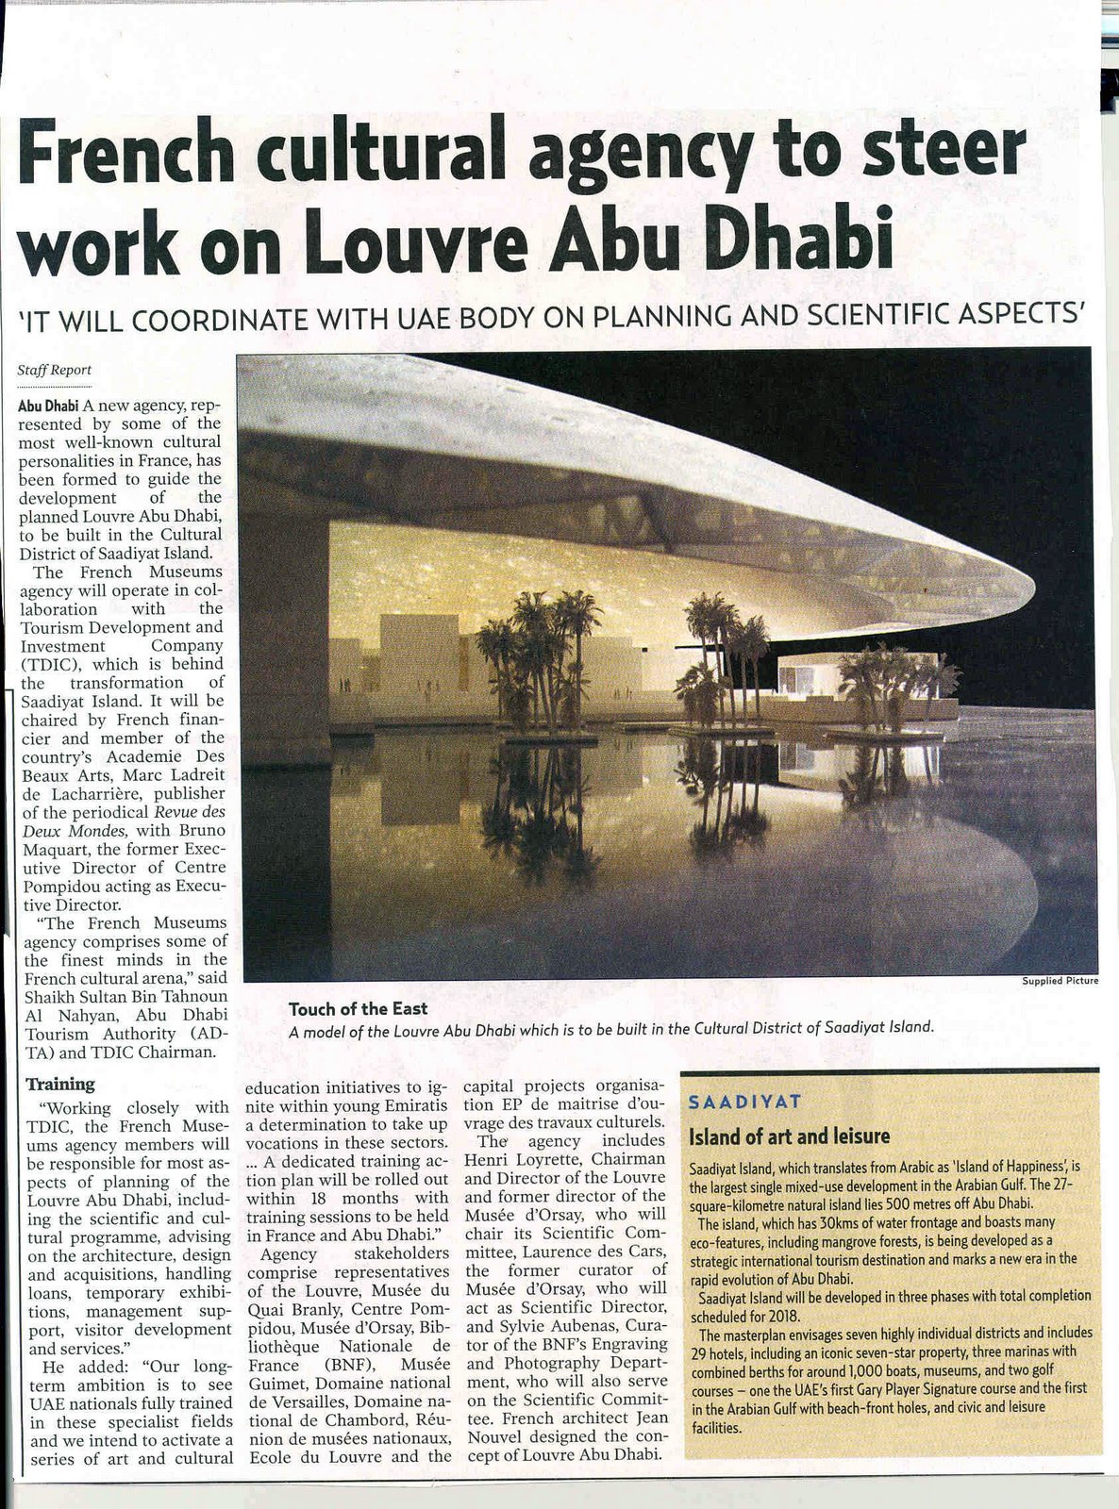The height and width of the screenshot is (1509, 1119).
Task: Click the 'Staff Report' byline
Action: pos(55,371)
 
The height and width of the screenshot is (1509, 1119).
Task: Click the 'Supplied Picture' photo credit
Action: pos(1061,981)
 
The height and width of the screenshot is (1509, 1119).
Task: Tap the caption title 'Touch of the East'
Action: pos(358,1009)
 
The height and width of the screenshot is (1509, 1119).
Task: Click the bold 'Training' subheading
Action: pos(59,1084)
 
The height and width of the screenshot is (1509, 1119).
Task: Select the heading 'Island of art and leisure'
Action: pos(789,1136)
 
